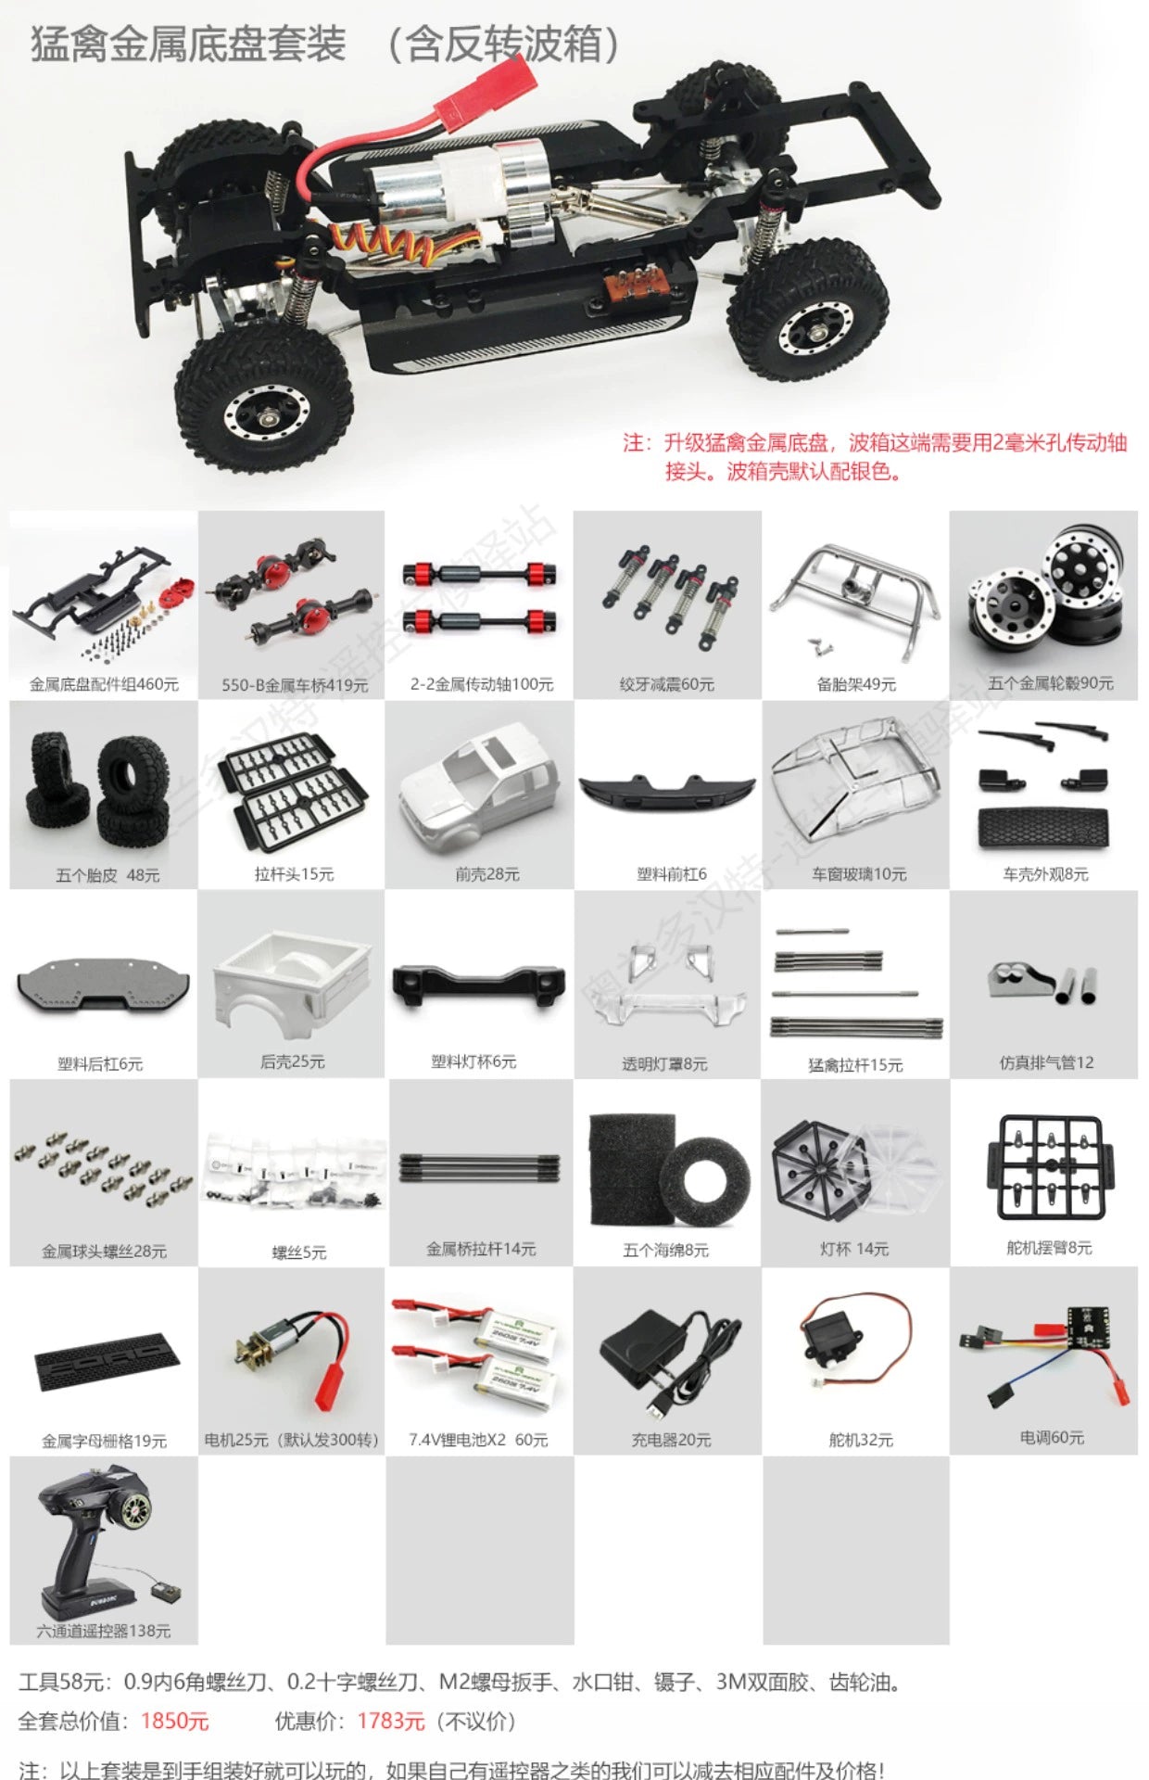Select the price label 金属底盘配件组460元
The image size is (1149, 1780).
coord(104,684)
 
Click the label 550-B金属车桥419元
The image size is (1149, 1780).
coord(295,685)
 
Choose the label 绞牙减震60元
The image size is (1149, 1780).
coord(667,684)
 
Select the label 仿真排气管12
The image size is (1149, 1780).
coord(1046,1062)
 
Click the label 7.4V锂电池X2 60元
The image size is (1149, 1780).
coord(478,1440)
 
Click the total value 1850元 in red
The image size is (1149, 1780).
coord(175,1722)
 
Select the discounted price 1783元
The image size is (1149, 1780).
coord(391,1722)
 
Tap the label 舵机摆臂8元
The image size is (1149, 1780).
coord(1049,1248)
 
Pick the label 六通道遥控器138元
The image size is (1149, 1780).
coord(104,1631)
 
